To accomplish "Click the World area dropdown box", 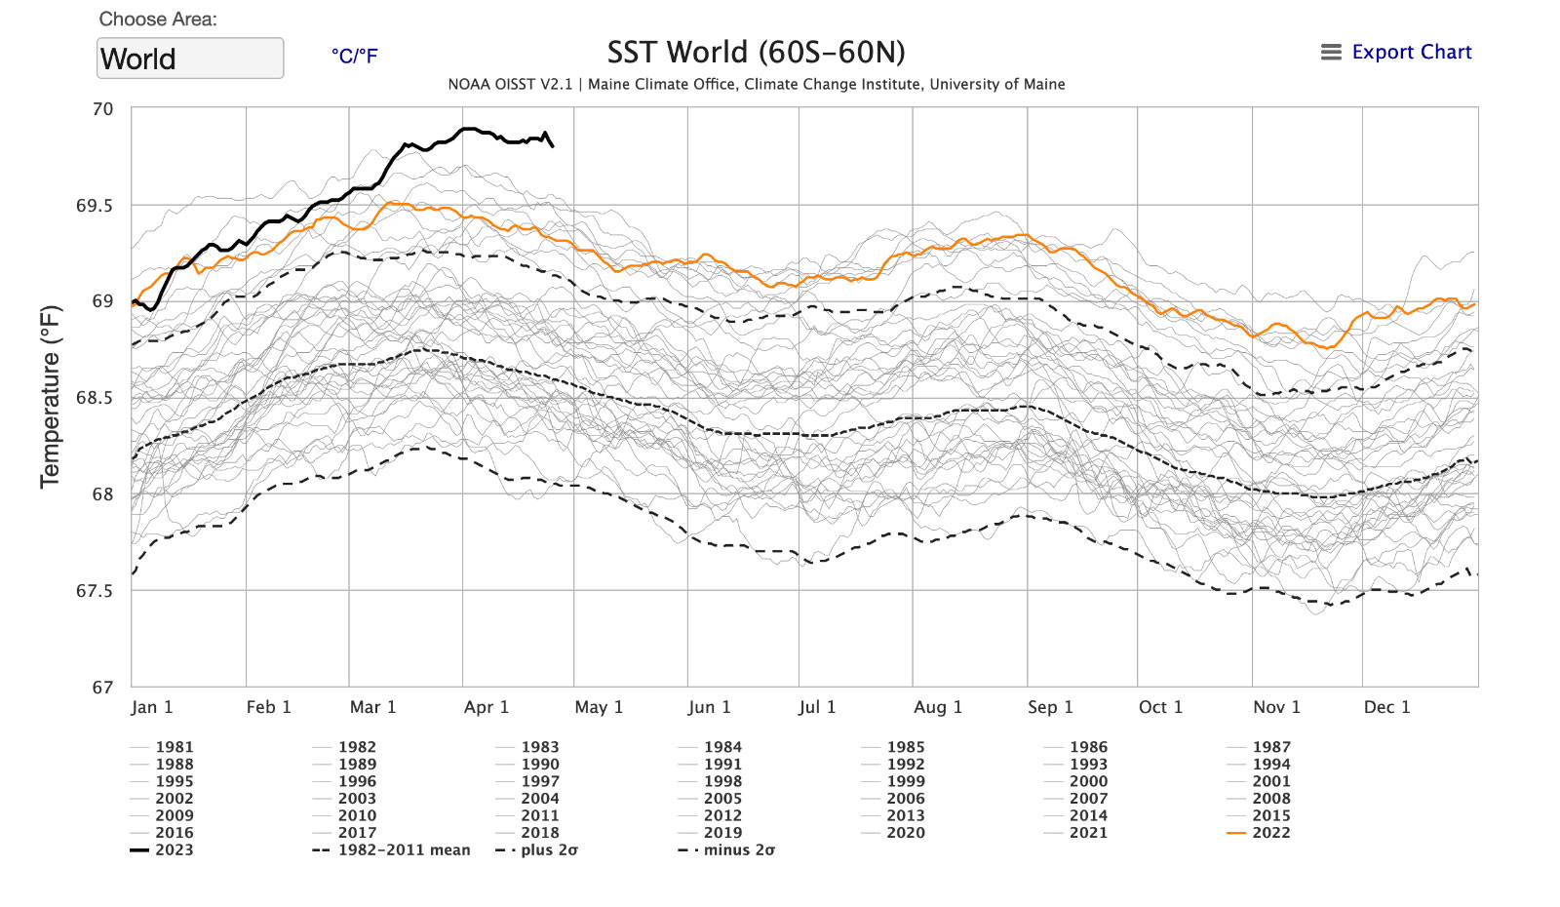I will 190,59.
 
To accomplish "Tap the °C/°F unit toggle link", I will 354,56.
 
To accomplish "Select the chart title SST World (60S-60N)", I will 756,52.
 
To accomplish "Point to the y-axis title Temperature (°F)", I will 50,396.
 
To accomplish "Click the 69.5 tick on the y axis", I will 95,206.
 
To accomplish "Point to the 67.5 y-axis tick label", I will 95,591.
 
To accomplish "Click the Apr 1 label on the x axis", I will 487,707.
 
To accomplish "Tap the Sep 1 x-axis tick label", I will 1050,707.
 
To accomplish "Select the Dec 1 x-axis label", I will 1386,707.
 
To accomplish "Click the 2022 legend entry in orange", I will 1270,833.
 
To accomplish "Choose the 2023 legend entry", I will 174,850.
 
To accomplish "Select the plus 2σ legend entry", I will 549,850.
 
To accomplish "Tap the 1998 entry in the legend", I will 722,781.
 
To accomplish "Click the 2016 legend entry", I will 174,833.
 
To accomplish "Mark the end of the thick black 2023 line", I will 553,146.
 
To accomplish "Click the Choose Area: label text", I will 158,20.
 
